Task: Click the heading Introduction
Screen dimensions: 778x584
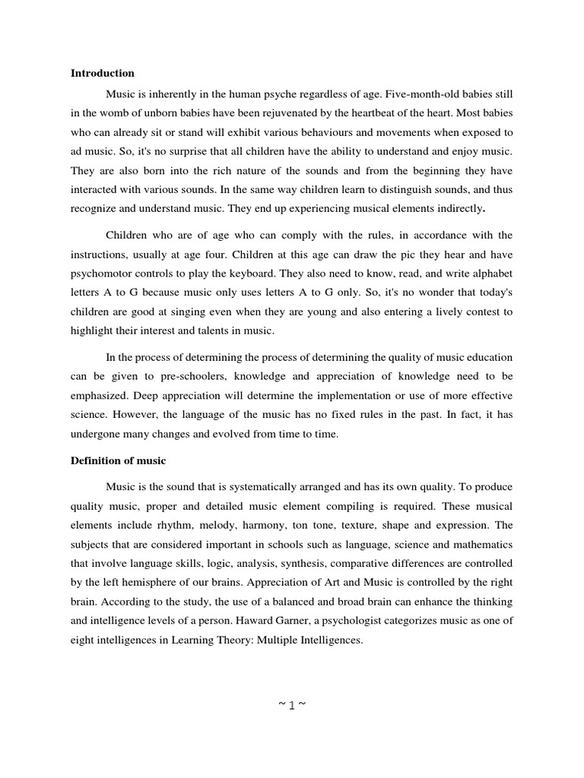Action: click(x=103, y=74)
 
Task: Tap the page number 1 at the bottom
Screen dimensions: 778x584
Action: click(x=292, y=704)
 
